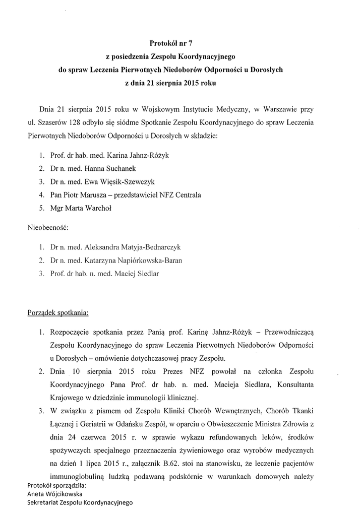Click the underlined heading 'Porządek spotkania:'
pyautogui.click(x=58, y=312)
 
